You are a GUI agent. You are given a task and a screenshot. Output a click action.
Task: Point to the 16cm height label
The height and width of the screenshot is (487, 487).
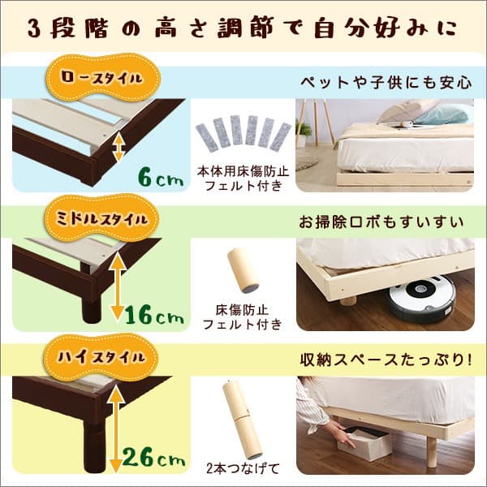[x=155, y=312]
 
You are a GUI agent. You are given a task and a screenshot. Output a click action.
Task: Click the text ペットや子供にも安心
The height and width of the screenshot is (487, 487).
[x=386, y=82]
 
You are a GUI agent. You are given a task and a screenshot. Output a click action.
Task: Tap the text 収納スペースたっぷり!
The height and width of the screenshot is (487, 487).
[x=386, y=359]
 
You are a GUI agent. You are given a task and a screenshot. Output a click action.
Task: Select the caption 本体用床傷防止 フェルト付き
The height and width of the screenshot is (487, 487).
[x=240, y=179]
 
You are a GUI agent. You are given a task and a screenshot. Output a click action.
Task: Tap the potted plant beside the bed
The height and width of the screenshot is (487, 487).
[x=304, y=133]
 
